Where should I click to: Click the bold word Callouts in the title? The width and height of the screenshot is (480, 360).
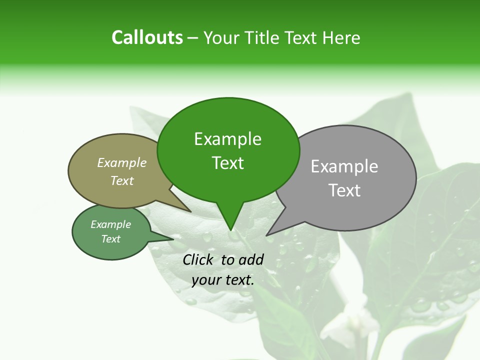click(147, 37)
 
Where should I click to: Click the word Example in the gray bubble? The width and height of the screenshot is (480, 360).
click(344, 166)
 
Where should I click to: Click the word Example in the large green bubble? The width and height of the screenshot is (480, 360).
click(227, 139)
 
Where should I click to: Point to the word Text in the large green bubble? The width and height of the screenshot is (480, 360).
click(227, 163)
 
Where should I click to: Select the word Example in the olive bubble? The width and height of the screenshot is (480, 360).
click(121, 162)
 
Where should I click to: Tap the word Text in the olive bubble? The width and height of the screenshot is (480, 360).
click(121, 180)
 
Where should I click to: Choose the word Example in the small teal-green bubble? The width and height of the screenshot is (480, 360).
click(110, 224)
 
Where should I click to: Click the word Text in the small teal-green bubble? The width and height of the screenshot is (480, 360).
click(110, 239)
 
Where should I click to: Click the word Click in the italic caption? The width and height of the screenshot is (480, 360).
click(198, 259)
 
